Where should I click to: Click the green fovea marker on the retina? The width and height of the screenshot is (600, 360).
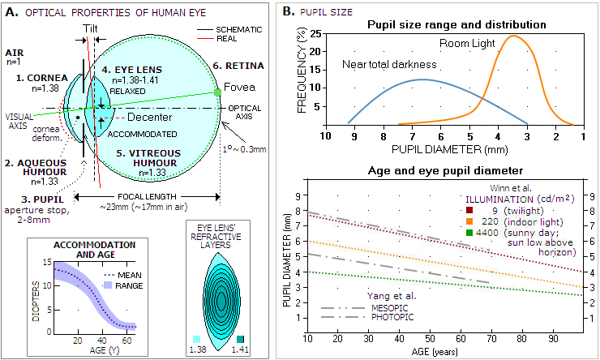point(218,92)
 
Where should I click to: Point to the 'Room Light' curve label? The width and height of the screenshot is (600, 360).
point(466,41)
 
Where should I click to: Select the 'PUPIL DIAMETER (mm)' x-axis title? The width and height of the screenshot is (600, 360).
point(445,150)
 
